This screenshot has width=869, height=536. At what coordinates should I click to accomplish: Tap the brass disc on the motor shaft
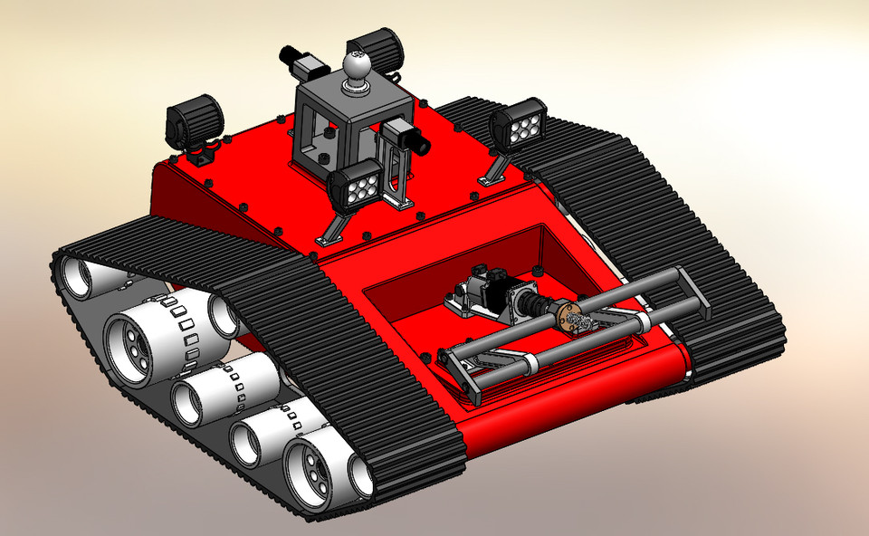click(x=569, y=318)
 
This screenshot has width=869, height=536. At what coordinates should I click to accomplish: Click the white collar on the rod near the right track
click(x=642, y=321)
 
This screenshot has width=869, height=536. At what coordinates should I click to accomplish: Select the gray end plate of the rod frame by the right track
click(x=694, y=297)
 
